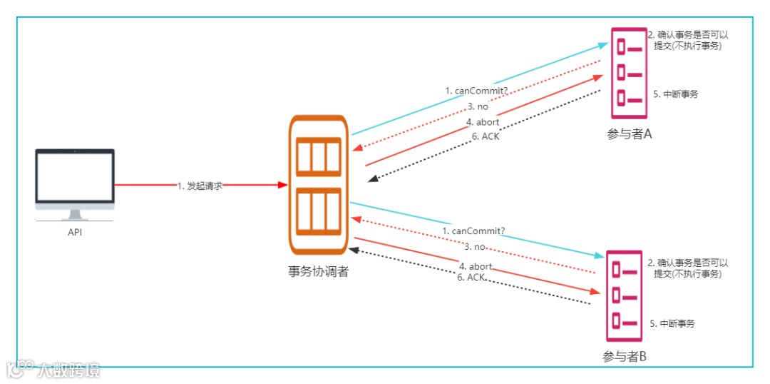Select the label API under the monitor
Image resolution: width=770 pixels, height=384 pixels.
pyautogui.click(x=75, y=232)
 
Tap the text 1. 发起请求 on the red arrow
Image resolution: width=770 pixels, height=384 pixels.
pyautogui.click(x=200, y=186)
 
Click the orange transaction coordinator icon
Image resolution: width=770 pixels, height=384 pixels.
pyautogui.click(x=318, y=185)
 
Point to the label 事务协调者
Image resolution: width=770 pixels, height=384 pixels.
pyautogui.click(x=318, y=272)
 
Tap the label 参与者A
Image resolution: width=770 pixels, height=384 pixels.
pyautogui.click(x=630, y=134)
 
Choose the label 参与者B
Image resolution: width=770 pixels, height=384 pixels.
pyautogui.click(x=624, y=357)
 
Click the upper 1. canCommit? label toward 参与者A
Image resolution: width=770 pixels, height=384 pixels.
pyautogui.click(x=476, y=91)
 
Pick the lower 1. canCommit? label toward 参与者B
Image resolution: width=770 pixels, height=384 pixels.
pyautogui.click(x=473, y=231)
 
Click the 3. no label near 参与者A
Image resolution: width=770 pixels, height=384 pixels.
pyautogui.click(x=478, y=106)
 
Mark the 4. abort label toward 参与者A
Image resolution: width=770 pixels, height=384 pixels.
pyautogui.click(x=483, y=122)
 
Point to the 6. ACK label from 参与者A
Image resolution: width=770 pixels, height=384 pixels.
pyautogui.click(x=485, y=136)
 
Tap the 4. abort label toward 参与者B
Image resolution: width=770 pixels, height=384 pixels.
pyautogui.click(x=476, y=266)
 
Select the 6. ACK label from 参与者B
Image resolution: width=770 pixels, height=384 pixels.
pyautogui.click(x=471, y=277)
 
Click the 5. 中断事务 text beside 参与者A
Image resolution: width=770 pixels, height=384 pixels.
pyautogui.click(x=675, y=94)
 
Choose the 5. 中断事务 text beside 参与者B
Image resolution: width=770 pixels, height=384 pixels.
pyautogui.click(x=672, y=323)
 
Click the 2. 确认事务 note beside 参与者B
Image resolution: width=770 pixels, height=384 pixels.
pyautogui.click(x=687, y=268)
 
